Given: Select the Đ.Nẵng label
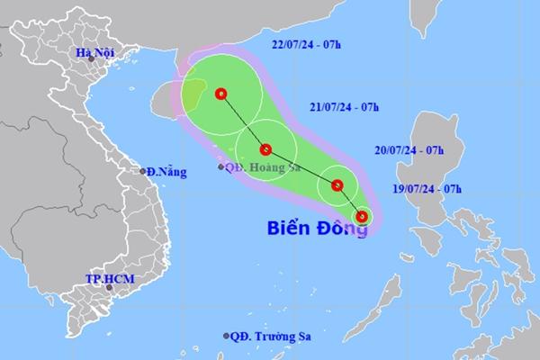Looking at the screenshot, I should click(x=164, y=171).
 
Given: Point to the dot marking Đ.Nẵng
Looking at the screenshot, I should click(x=142, y=171).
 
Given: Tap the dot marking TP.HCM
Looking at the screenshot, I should click(x=103, y=291).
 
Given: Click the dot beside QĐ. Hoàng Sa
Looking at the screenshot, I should click(x=222, y=166).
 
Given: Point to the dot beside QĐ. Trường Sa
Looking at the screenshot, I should click(x=226, y=336).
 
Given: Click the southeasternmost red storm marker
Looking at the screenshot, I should click(x=362, y=216).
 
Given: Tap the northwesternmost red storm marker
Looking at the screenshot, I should click(x=221, y=94).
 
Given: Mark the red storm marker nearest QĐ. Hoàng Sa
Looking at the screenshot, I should click(x=265, y=149).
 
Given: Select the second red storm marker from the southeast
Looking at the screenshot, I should click(x=337, y=186).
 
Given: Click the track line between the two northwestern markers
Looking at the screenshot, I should click(x=243, y=121).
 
